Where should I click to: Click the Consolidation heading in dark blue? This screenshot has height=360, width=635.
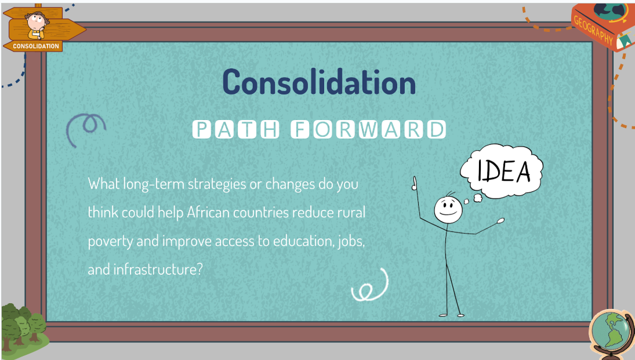319,82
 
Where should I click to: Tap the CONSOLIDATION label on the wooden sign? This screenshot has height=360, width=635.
36,46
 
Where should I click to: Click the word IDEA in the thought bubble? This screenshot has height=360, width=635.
504,171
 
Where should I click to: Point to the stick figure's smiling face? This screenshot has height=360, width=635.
448,210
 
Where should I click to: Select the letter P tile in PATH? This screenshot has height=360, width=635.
201,130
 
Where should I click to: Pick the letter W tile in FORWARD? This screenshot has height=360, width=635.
368,130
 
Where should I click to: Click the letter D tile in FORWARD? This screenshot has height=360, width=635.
436,130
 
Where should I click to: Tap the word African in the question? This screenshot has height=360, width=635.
209,212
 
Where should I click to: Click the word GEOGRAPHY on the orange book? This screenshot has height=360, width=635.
593,30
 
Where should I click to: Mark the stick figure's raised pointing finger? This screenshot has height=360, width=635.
414,183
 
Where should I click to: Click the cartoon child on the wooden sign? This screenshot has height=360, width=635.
37,25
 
